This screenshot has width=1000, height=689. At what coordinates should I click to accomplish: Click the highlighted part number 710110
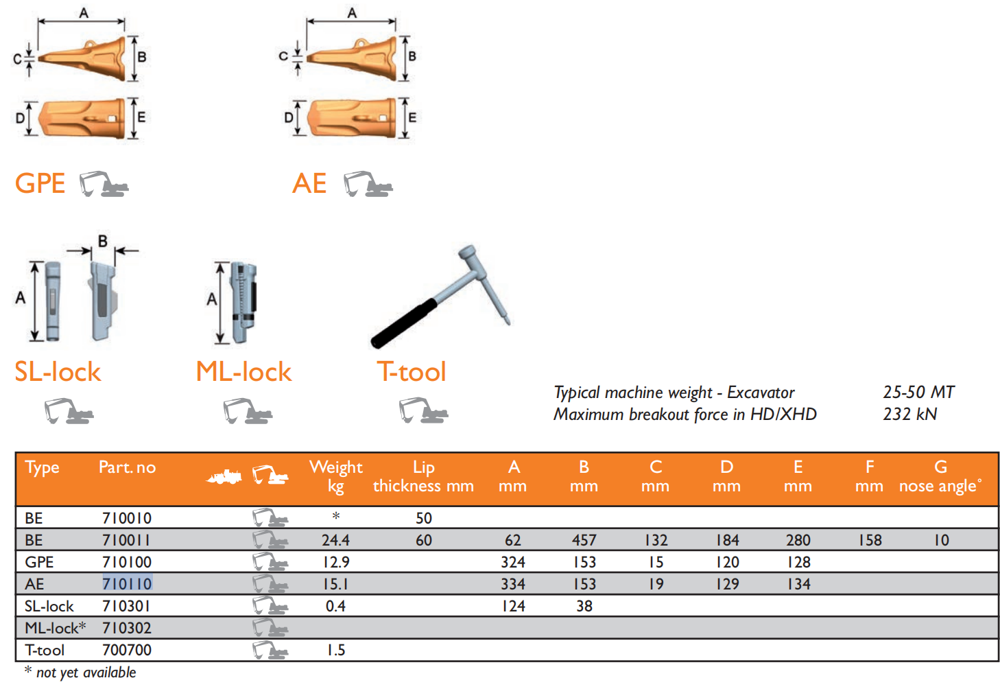click(127, 584)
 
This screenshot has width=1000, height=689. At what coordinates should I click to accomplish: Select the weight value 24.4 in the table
click(335, 540)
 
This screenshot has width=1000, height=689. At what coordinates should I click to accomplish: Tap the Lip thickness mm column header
click(423, 476)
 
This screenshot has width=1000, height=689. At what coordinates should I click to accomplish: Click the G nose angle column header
click(940, 476)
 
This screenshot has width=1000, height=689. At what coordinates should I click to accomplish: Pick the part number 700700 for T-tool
click(127, 650)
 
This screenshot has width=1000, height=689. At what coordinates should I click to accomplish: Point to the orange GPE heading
click(40, 184)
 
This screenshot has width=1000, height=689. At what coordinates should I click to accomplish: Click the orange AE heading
click(309, 184)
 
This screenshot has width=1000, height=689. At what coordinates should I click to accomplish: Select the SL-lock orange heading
click(58, 372)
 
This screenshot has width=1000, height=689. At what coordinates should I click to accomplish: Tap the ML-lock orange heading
click(243, 372)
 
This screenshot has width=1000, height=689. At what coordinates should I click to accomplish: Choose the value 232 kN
click(909, 414)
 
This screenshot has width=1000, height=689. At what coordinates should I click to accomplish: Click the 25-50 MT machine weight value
click(918, 393)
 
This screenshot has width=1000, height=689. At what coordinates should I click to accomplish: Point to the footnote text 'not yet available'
click(86, 673)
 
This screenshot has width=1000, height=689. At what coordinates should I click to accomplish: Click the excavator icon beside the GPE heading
click(104, 184)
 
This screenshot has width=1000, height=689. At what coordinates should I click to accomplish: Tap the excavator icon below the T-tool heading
click(423, 411)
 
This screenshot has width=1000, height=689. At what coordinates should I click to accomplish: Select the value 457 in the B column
click(584, 540)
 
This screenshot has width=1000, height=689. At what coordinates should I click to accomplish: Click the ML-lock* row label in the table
click(56, 628)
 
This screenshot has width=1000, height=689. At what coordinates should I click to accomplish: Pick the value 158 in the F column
click(870, 540)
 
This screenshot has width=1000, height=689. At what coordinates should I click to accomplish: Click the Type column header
click(42, 467)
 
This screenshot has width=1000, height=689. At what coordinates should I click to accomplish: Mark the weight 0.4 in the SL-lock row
click(335, 606)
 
